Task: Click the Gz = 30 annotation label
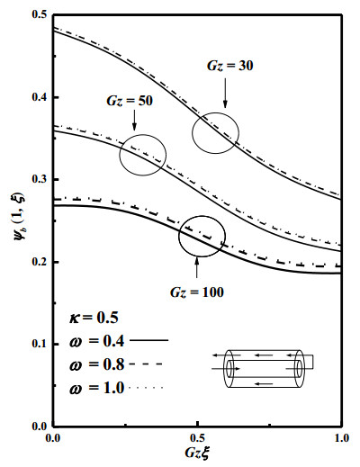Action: pos(230,66)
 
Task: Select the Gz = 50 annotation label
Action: pos(130,101)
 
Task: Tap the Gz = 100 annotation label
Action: pos(197,292)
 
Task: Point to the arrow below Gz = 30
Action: pos(225,93)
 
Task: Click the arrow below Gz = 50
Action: pos(134,120)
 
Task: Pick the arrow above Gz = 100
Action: pos(197,267)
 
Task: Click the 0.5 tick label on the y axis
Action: pos(40,14)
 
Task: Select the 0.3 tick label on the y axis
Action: pos(40,179)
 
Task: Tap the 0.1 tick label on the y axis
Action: pos(40,344)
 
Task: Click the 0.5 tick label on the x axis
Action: pos(197,438)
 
